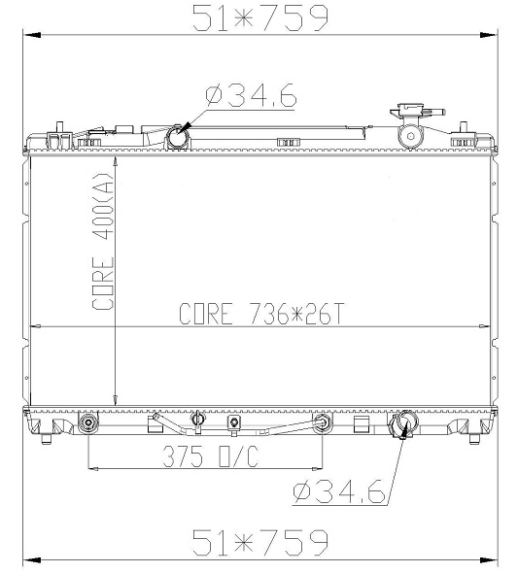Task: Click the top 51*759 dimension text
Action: click(260, 17)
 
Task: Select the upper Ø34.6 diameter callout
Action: click(251, 96)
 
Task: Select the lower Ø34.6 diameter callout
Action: click(339, 491)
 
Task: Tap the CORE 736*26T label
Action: click(261, 314)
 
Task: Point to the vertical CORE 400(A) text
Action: click(103, 242)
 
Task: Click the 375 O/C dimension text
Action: click(211, 456)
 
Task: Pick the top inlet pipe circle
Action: click(178, 137)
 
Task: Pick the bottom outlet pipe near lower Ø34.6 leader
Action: click(403, 423)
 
